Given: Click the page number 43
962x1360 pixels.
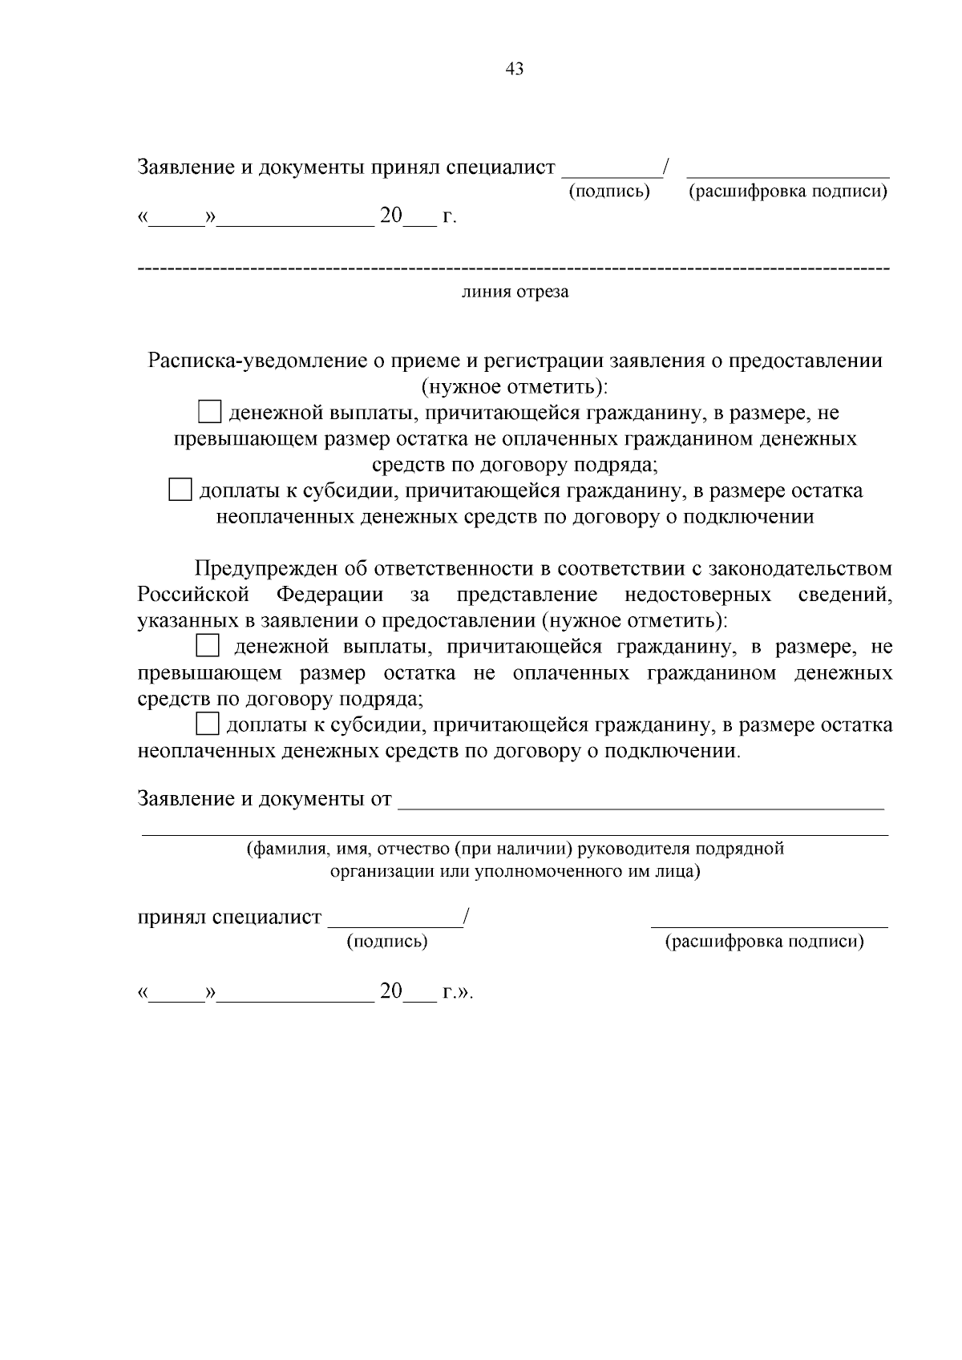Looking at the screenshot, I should coord(515,70).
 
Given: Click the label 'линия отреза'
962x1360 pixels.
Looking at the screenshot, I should coord(515,292).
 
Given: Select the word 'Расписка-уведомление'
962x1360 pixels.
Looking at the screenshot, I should coord(258,361).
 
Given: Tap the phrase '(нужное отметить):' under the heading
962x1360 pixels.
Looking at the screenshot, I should coord(515,387).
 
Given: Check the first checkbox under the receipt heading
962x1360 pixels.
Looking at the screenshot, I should coord(209,413).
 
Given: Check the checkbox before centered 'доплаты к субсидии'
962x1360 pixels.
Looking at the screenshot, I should coord(180,490).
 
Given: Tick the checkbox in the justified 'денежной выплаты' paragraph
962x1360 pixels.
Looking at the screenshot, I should coord(208,646).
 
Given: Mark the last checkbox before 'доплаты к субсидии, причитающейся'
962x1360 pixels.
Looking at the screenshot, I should coord(208,724).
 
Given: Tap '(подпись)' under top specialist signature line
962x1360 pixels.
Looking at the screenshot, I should coord(609,192).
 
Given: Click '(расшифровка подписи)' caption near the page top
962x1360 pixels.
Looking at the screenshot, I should coord(788,192).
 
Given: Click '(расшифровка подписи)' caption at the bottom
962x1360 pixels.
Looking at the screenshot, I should coord(765,942).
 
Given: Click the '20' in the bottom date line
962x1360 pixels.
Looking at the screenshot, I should coord(391,991).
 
